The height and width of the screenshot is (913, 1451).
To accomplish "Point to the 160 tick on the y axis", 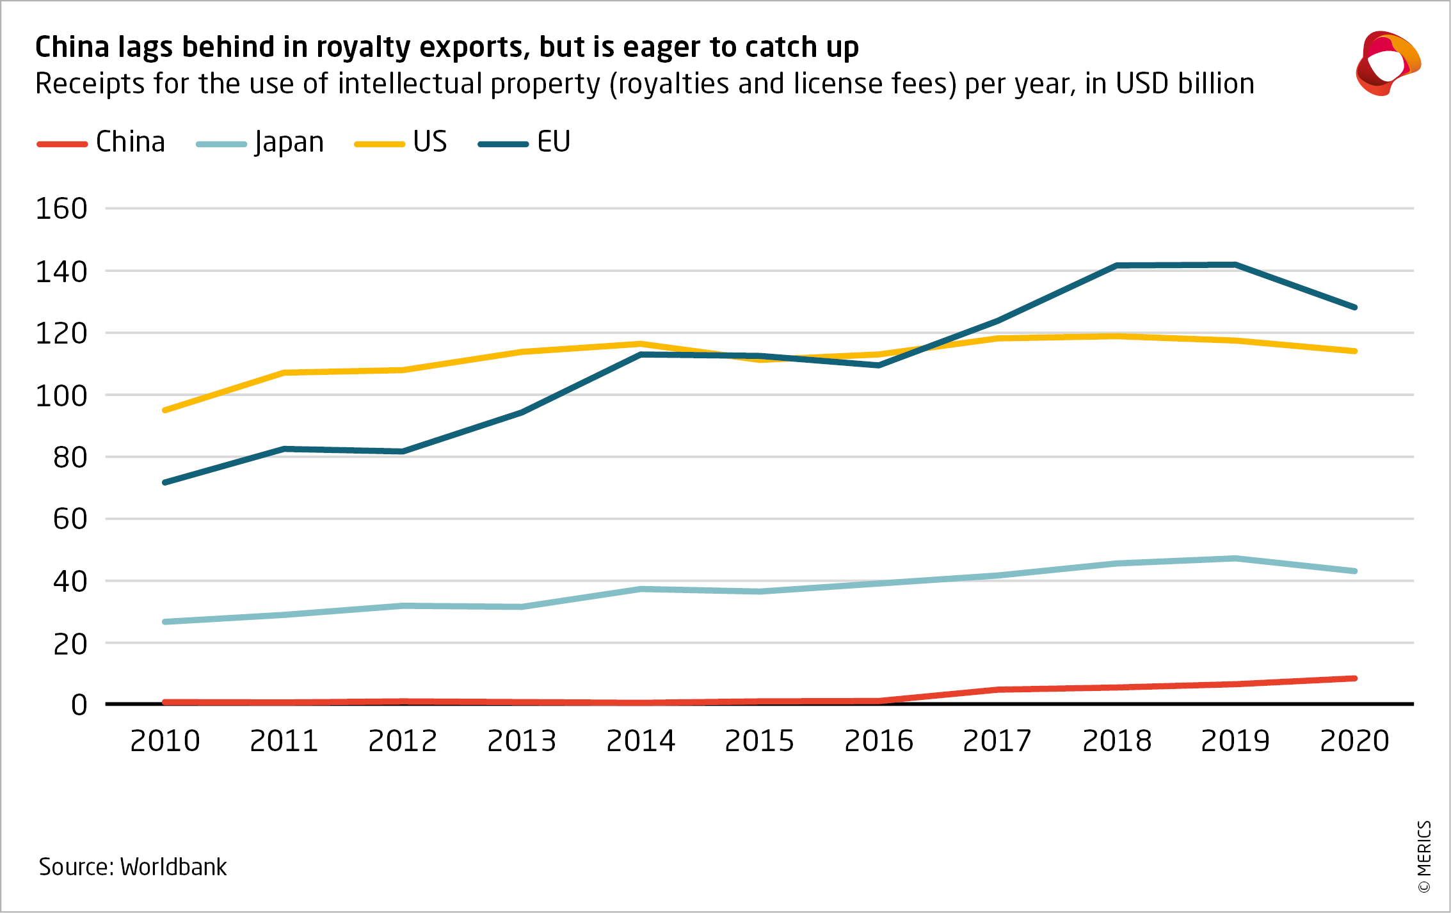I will (x=61, y=209).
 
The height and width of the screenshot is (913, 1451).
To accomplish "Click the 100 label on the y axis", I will (x=61, y=396).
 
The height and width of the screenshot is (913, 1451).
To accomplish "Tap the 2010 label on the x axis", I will (x=165, y=741).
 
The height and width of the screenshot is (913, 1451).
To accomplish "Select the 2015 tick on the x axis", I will (x=760, y=741).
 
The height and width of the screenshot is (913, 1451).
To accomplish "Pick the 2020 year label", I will (x=1354, y=741).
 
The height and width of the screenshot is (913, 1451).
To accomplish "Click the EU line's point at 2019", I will (x=1235, y=265).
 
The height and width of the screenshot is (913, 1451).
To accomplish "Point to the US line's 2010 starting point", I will (x=165, y=410).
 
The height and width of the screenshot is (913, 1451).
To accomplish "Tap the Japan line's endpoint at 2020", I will (x=1354, y=571).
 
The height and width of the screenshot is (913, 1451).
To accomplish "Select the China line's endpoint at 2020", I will (x=1354, y=678).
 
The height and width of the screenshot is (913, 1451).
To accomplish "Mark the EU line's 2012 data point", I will (x=403, y=452).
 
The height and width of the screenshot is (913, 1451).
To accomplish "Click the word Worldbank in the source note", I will (x=173, y=867).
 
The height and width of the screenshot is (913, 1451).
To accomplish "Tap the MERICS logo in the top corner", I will (x=1388, y=63).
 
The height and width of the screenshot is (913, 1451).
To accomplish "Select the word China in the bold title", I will (x=72, y=47).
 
